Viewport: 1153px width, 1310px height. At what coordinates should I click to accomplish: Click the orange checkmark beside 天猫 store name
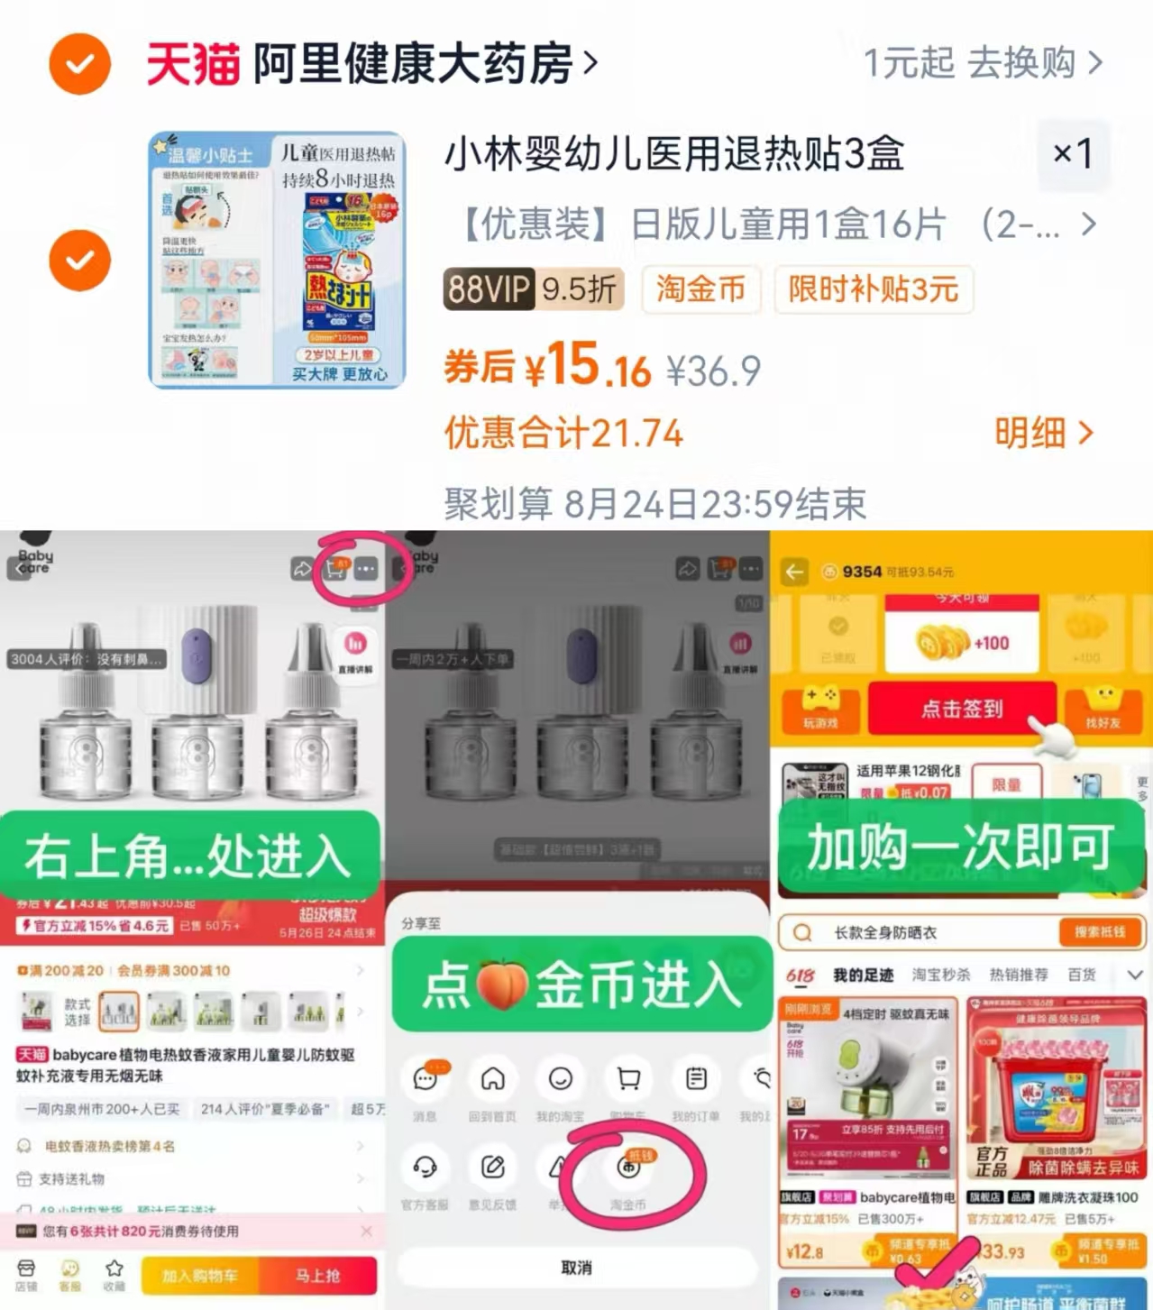coord(79,64)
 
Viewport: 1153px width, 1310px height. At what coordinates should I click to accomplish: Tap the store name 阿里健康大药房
coord(413,64)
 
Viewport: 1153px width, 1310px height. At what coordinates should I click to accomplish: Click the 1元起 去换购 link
coord(982,63)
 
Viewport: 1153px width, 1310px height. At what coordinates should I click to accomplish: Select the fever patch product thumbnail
coord(277,261)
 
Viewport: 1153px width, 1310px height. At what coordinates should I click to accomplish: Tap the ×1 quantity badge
coord(1072,154)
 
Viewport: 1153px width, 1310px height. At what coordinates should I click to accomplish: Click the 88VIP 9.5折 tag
coord(533,289)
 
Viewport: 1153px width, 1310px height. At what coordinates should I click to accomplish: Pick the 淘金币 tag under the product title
coord(700,289)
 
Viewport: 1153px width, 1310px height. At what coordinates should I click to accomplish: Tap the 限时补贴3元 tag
coord(873,289)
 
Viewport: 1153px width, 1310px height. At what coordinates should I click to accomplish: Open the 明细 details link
coord(1043,434)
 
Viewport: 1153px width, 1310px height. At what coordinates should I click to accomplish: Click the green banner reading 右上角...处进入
coord(189,855)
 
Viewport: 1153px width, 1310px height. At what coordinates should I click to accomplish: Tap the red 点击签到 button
coord(961,709)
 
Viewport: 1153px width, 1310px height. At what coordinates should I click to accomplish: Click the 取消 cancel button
coord(577,1268)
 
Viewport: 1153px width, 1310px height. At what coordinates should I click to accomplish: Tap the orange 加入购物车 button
coord(199,1276)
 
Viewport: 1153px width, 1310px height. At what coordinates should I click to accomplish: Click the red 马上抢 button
coord(317,1276)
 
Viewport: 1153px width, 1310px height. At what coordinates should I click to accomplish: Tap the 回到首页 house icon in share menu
coord(492,1079)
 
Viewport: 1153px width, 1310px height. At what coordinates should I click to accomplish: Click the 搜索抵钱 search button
coord(1099,932)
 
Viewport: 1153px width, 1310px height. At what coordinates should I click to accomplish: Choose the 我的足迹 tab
coord(863,975)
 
